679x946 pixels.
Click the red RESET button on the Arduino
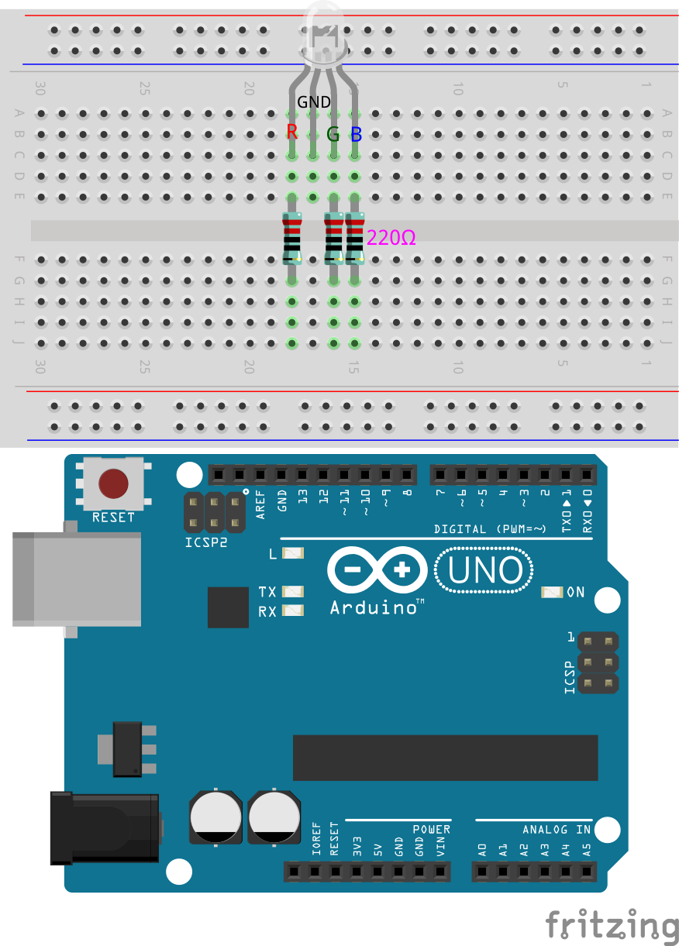click(113, 483)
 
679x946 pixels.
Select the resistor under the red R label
click(292, 239)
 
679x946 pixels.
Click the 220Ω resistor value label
click(391, 238)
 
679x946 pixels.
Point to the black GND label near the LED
click(314, 101)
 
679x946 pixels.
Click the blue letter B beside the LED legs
click(357, 134)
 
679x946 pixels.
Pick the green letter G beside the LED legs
click(333, 134)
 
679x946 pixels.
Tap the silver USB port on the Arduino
click(77, 580)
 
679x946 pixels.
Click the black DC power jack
click(105, 828)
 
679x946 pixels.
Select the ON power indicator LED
click(552, 592)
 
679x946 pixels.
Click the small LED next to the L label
click(293, 553)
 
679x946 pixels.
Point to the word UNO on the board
click(485, 570)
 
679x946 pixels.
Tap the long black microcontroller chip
click(446, 758)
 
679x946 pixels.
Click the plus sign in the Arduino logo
click(402, 569)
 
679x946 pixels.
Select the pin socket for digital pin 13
click(302, 475)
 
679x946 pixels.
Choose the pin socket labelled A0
click(482, 872)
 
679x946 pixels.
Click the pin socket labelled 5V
click(377, 872)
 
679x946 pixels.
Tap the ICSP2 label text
click(206, 542)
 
